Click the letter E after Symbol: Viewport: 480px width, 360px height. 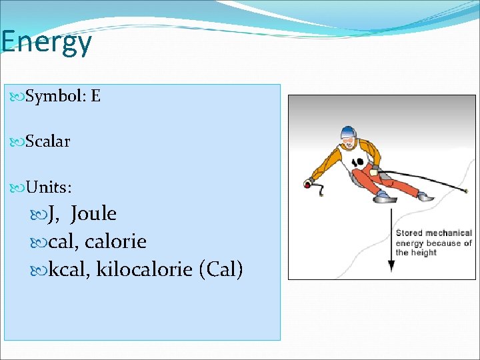[x=95, y=96]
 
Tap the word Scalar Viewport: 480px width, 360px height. [x=47, y=141]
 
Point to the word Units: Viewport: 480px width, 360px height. [x=49, y=187]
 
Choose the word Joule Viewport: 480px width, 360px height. [x=93, y=213]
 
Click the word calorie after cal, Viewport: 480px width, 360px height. [x=115, y=241]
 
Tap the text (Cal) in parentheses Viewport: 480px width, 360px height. [x=221, y=269]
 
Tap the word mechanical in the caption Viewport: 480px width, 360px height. [x=449, y=233]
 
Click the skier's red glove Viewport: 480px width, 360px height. [x=308, y=182]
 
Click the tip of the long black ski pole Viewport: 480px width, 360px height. [x=465, y=191]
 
